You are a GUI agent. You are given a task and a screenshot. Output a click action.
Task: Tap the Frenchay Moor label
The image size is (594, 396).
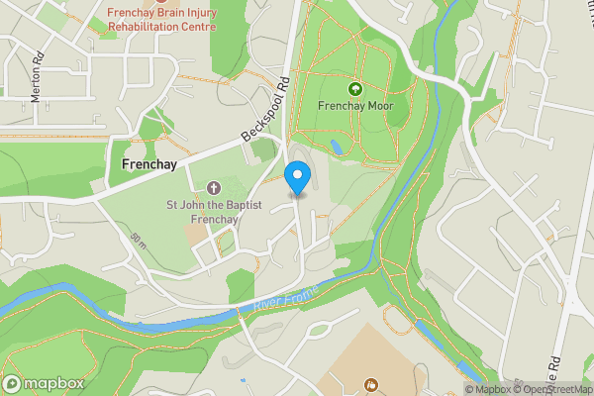(x=356, y=104)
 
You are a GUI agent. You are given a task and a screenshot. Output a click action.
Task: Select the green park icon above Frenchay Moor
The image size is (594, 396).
(x=356, y=87)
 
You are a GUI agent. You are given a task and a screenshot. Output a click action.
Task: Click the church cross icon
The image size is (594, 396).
(x=214, y=187)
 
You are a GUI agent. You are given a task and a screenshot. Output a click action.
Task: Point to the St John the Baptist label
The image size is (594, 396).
(x=214, y=205)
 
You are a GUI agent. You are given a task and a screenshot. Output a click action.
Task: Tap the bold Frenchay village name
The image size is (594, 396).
(x=148, y=164)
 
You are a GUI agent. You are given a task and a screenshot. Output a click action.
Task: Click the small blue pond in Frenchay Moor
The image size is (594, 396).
(x=337, y=147)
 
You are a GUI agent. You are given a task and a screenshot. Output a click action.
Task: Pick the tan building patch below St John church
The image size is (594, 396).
(x=197, y=232)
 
